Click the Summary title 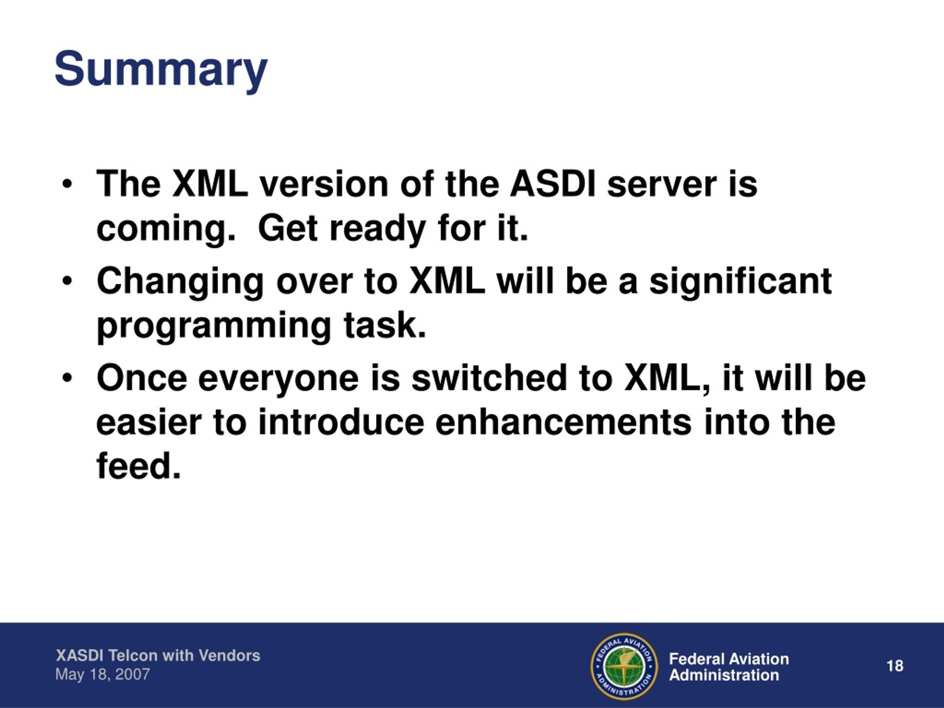click(x=161, y=70)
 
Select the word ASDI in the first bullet click(x=553, y=184)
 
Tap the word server click(x=662, y=185)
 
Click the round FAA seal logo click(x=624, y=667)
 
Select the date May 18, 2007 click(x=103, y=675)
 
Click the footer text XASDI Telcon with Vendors click(x=158, y=656)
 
